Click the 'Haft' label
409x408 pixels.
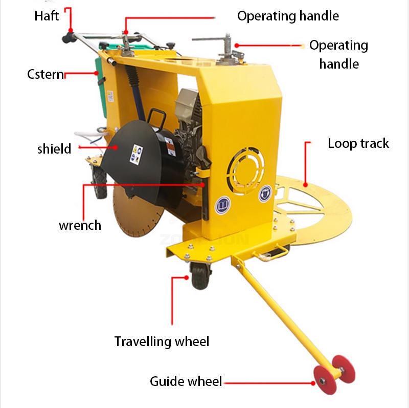click(x=47, y=15)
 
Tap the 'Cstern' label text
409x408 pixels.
click(x=46, y=75)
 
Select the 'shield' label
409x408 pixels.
click(x=54, y=149)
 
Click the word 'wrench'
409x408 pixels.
click(x=80, y=225)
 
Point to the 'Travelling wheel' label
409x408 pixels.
click(x=162, y=341)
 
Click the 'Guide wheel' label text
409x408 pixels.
click(x=186, y=381)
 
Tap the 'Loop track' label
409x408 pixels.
click(x=358, y=143)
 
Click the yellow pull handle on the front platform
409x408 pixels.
click(x=274, y=254)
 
